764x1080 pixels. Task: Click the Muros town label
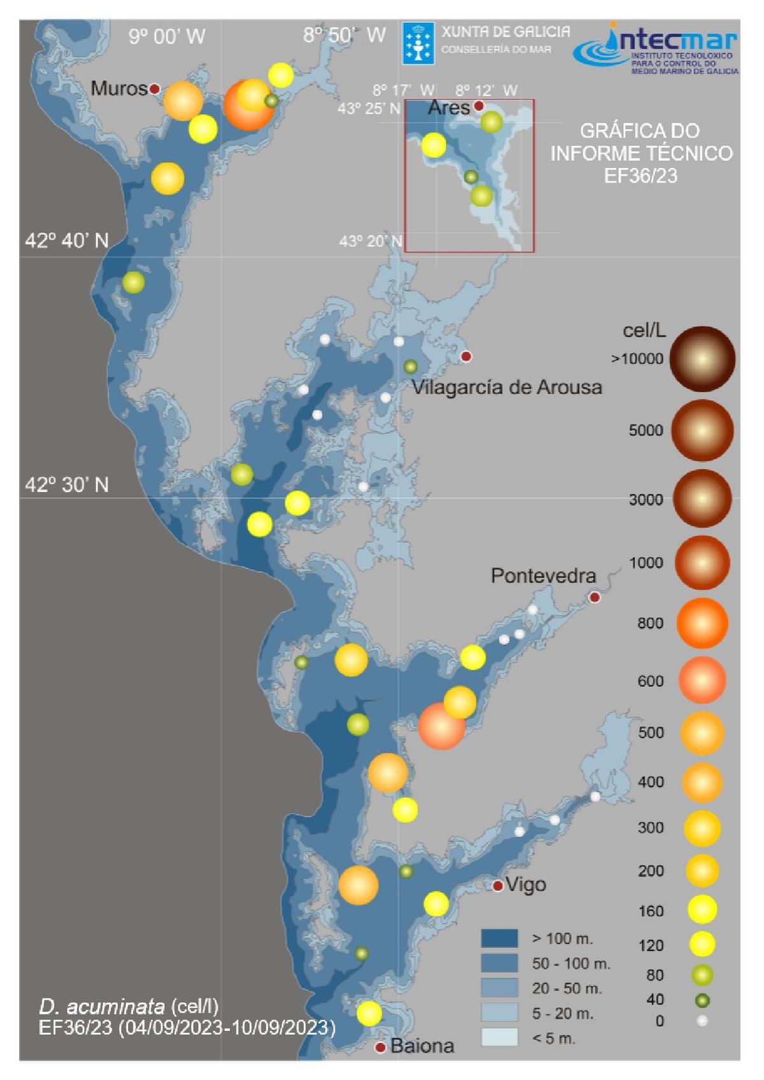(x=119, y=88)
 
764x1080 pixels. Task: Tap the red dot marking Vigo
(x=499, y=886)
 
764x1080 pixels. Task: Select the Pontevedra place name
(x=543, y=576)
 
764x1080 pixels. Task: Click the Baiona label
(x=422, y=1046)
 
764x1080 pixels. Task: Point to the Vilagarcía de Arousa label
(x=507, y=387)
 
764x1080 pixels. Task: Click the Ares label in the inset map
(x=449, y=108)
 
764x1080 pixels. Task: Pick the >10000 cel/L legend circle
(x=702, y=359)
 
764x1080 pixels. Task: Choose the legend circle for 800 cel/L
(x=702, y=623)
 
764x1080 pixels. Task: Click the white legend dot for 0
(x=702, y=1021)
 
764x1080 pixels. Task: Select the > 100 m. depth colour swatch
(x=499, y=938)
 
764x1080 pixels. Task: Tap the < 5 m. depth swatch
(x=499, y=1037)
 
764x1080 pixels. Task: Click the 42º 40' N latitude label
(x=67, y=241)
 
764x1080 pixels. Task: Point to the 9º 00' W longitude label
(x=167, y=36)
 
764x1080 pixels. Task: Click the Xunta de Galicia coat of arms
(x=418, y=43)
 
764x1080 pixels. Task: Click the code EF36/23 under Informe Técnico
(x=640, y=176)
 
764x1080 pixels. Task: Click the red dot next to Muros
(x=154, y=89)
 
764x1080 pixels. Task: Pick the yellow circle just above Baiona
(x=369, y=1013)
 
